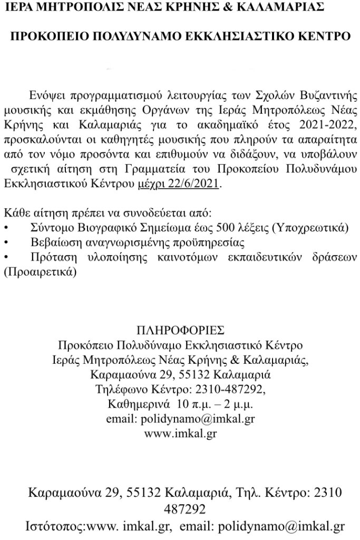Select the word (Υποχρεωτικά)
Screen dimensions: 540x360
pyautogui.click(x=310, y=228)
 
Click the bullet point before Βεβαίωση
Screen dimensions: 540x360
pyautogui.click(x=6, y=243)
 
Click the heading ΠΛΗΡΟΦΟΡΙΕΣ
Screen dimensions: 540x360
pyautogui.click(x=180, y=331)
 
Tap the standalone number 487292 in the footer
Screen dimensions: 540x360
pyautogui.click(x=179, y=510)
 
